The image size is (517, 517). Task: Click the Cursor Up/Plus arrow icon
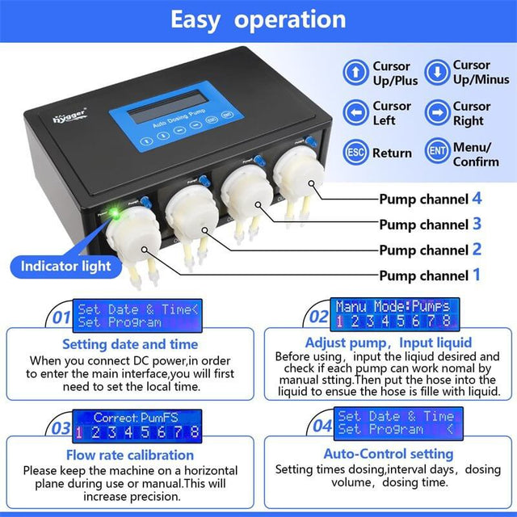click(x=356, y=73)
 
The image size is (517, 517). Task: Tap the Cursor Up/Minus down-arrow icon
click(x=437, y=73)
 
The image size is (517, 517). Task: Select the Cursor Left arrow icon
click(x=356, y=113)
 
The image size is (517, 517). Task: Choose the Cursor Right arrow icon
click(x=437, y=113)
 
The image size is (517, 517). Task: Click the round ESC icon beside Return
click(x=356, y=153)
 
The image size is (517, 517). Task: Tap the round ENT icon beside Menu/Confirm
click(x=437, y=153)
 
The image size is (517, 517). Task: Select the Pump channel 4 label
click(x=430, y=200)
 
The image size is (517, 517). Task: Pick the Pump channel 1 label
click(x=430, y=275)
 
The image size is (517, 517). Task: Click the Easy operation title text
click(x=258, y=19)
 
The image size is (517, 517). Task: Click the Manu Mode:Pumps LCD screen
click(x=395, y=313)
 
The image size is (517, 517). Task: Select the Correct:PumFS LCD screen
click(x=137, y=424)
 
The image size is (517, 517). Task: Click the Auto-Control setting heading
click(x=388, y=454)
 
